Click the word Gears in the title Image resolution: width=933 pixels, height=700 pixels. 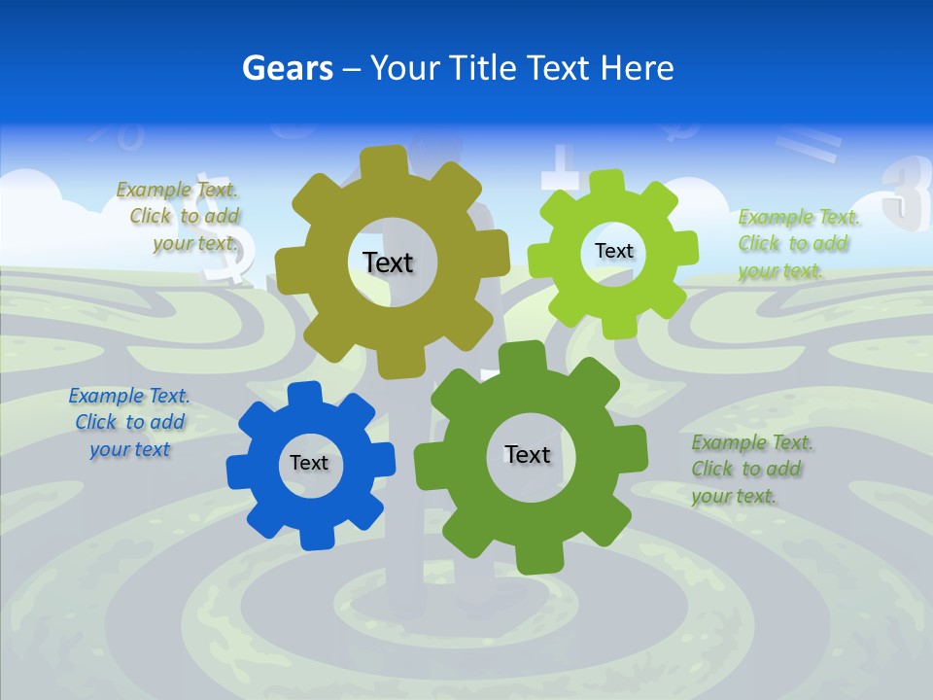(x=288, y=68)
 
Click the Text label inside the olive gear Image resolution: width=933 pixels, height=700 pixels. (x=388, y=262)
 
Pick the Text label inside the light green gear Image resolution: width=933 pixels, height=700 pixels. (x=613, y=251)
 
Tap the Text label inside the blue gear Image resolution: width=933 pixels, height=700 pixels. (x=309, y=463)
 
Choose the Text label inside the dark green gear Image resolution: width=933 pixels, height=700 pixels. (x=528, y=454)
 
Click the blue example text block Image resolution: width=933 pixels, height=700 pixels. (x=129, y=423)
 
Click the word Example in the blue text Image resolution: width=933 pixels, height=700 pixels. (x=105, y=396)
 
